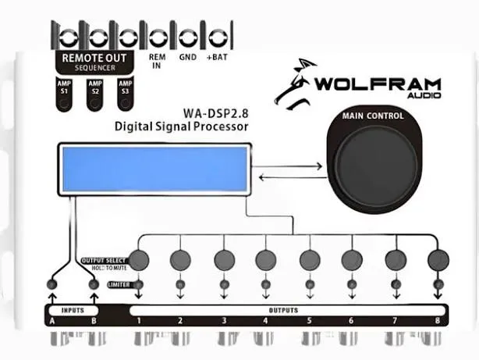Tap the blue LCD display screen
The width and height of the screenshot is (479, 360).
pyautogui.click(x=154, y=169)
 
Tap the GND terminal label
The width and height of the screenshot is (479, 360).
pyautogui.click(x=187, y=57)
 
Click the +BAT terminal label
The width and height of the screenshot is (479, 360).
pyautogui.click(x=216, y=57)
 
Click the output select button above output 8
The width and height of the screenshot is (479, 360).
pyautogui.click(x=438, y=259)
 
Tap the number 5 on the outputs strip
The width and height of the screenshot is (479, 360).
pyautogui.click(x=308, y=321)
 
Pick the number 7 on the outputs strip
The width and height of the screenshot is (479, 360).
pyautogui.click(x=395, y=321)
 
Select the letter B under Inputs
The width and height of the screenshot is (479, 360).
pyautogui.click(x=94, y=321)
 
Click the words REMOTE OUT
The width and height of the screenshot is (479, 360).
pyautogui.click(x=94, y=58)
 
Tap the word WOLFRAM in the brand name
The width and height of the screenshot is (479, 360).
pyautogui.click(x=378, y=84)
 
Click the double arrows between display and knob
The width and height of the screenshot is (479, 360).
pyautogui.click(x=290, y=171)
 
